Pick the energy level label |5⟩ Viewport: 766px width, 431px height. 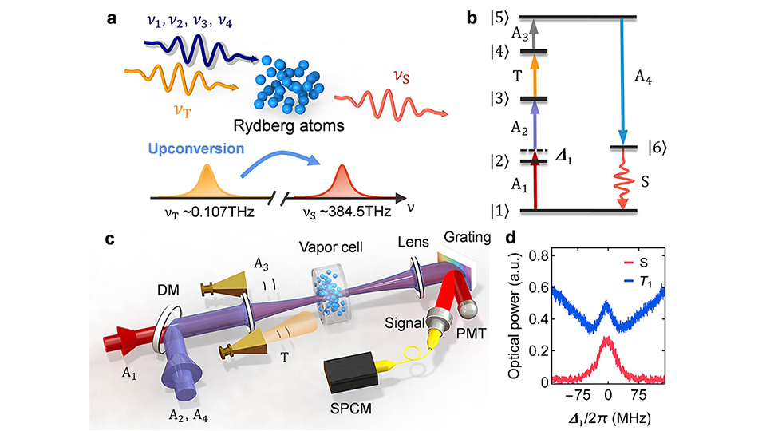[x=503, y=17]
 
